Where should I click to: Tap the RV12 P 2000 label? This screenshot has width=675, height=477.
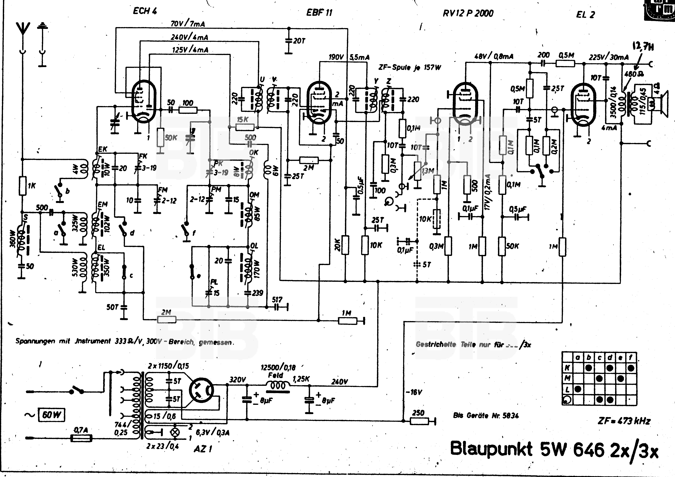468,13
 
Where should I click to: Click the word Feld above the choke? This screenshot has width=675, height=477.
276,375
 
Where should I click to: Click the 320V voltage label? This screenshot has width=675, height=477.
237,380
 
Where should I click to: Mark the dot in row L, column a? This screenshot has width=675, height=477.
578,389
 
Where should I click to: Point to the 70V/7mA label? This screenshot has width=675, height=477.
188,23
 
